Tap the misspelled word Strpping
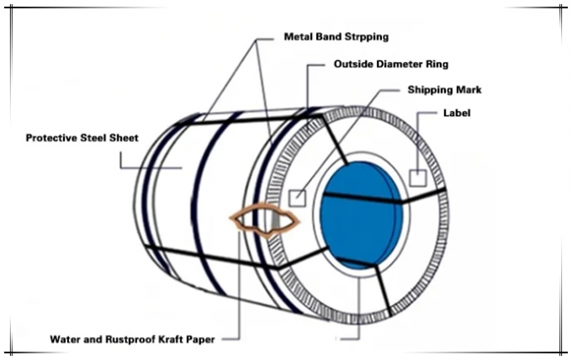[366, 37]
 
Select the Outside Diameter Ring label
[391, 64]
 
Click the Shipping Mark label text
[444, 90]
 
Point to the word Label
[457, 113]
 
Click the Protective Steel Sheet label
[82, 138]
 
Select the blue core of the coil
[362, 215]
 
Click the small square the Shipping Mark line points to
[298, 199]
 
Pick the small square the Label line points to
[418, 178]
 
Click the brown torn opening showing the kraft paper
[264, 220]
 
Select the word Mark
[468, 90]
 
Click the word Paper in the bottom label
[201, 340]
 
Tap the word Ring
[437, 65]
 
